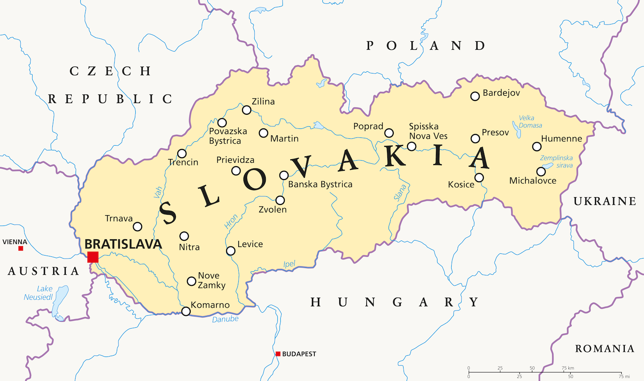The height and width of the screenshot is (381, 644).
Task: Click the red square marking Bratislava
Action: (93, 257)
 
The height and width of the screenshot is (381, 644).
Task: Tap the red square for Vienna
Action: (21, 248)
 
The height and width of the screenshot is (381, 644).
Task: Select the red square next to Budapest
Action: (278, 354)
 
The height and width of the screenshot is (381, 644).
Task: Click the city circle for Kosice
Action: (479, 178)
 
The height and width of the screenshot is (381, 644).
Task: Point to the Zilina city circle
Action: (246, 110)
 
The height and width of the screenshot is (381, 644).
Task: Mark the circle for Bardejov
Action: (475, 96)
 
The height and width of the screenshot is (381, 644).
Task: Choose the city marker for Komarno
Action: (186, 311)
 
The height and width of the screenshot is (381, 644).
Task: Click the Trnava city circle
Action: (137, 226)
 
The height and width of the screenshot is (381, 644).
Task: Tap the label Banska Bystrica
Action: (320, 184)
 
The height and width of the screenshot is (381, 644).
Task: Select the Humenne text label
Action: (562, 139)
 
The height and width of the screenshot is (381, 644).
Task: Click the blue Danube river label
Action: (225, 319)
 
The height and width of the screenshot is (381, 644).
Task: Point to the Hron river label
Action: (231, 222)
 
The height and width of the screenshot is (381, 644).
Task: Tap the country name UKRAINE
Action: (605, 201)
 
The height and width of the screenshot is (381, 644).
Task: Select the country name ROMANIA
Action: (605, 349)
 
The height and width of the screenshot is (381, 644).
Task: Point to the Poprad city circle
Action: (389, 133)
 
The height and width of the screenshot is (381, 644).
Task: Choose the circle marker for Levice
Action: (231, 251)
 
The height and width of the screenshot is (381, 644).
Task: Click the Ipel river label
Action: (289, 264)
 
